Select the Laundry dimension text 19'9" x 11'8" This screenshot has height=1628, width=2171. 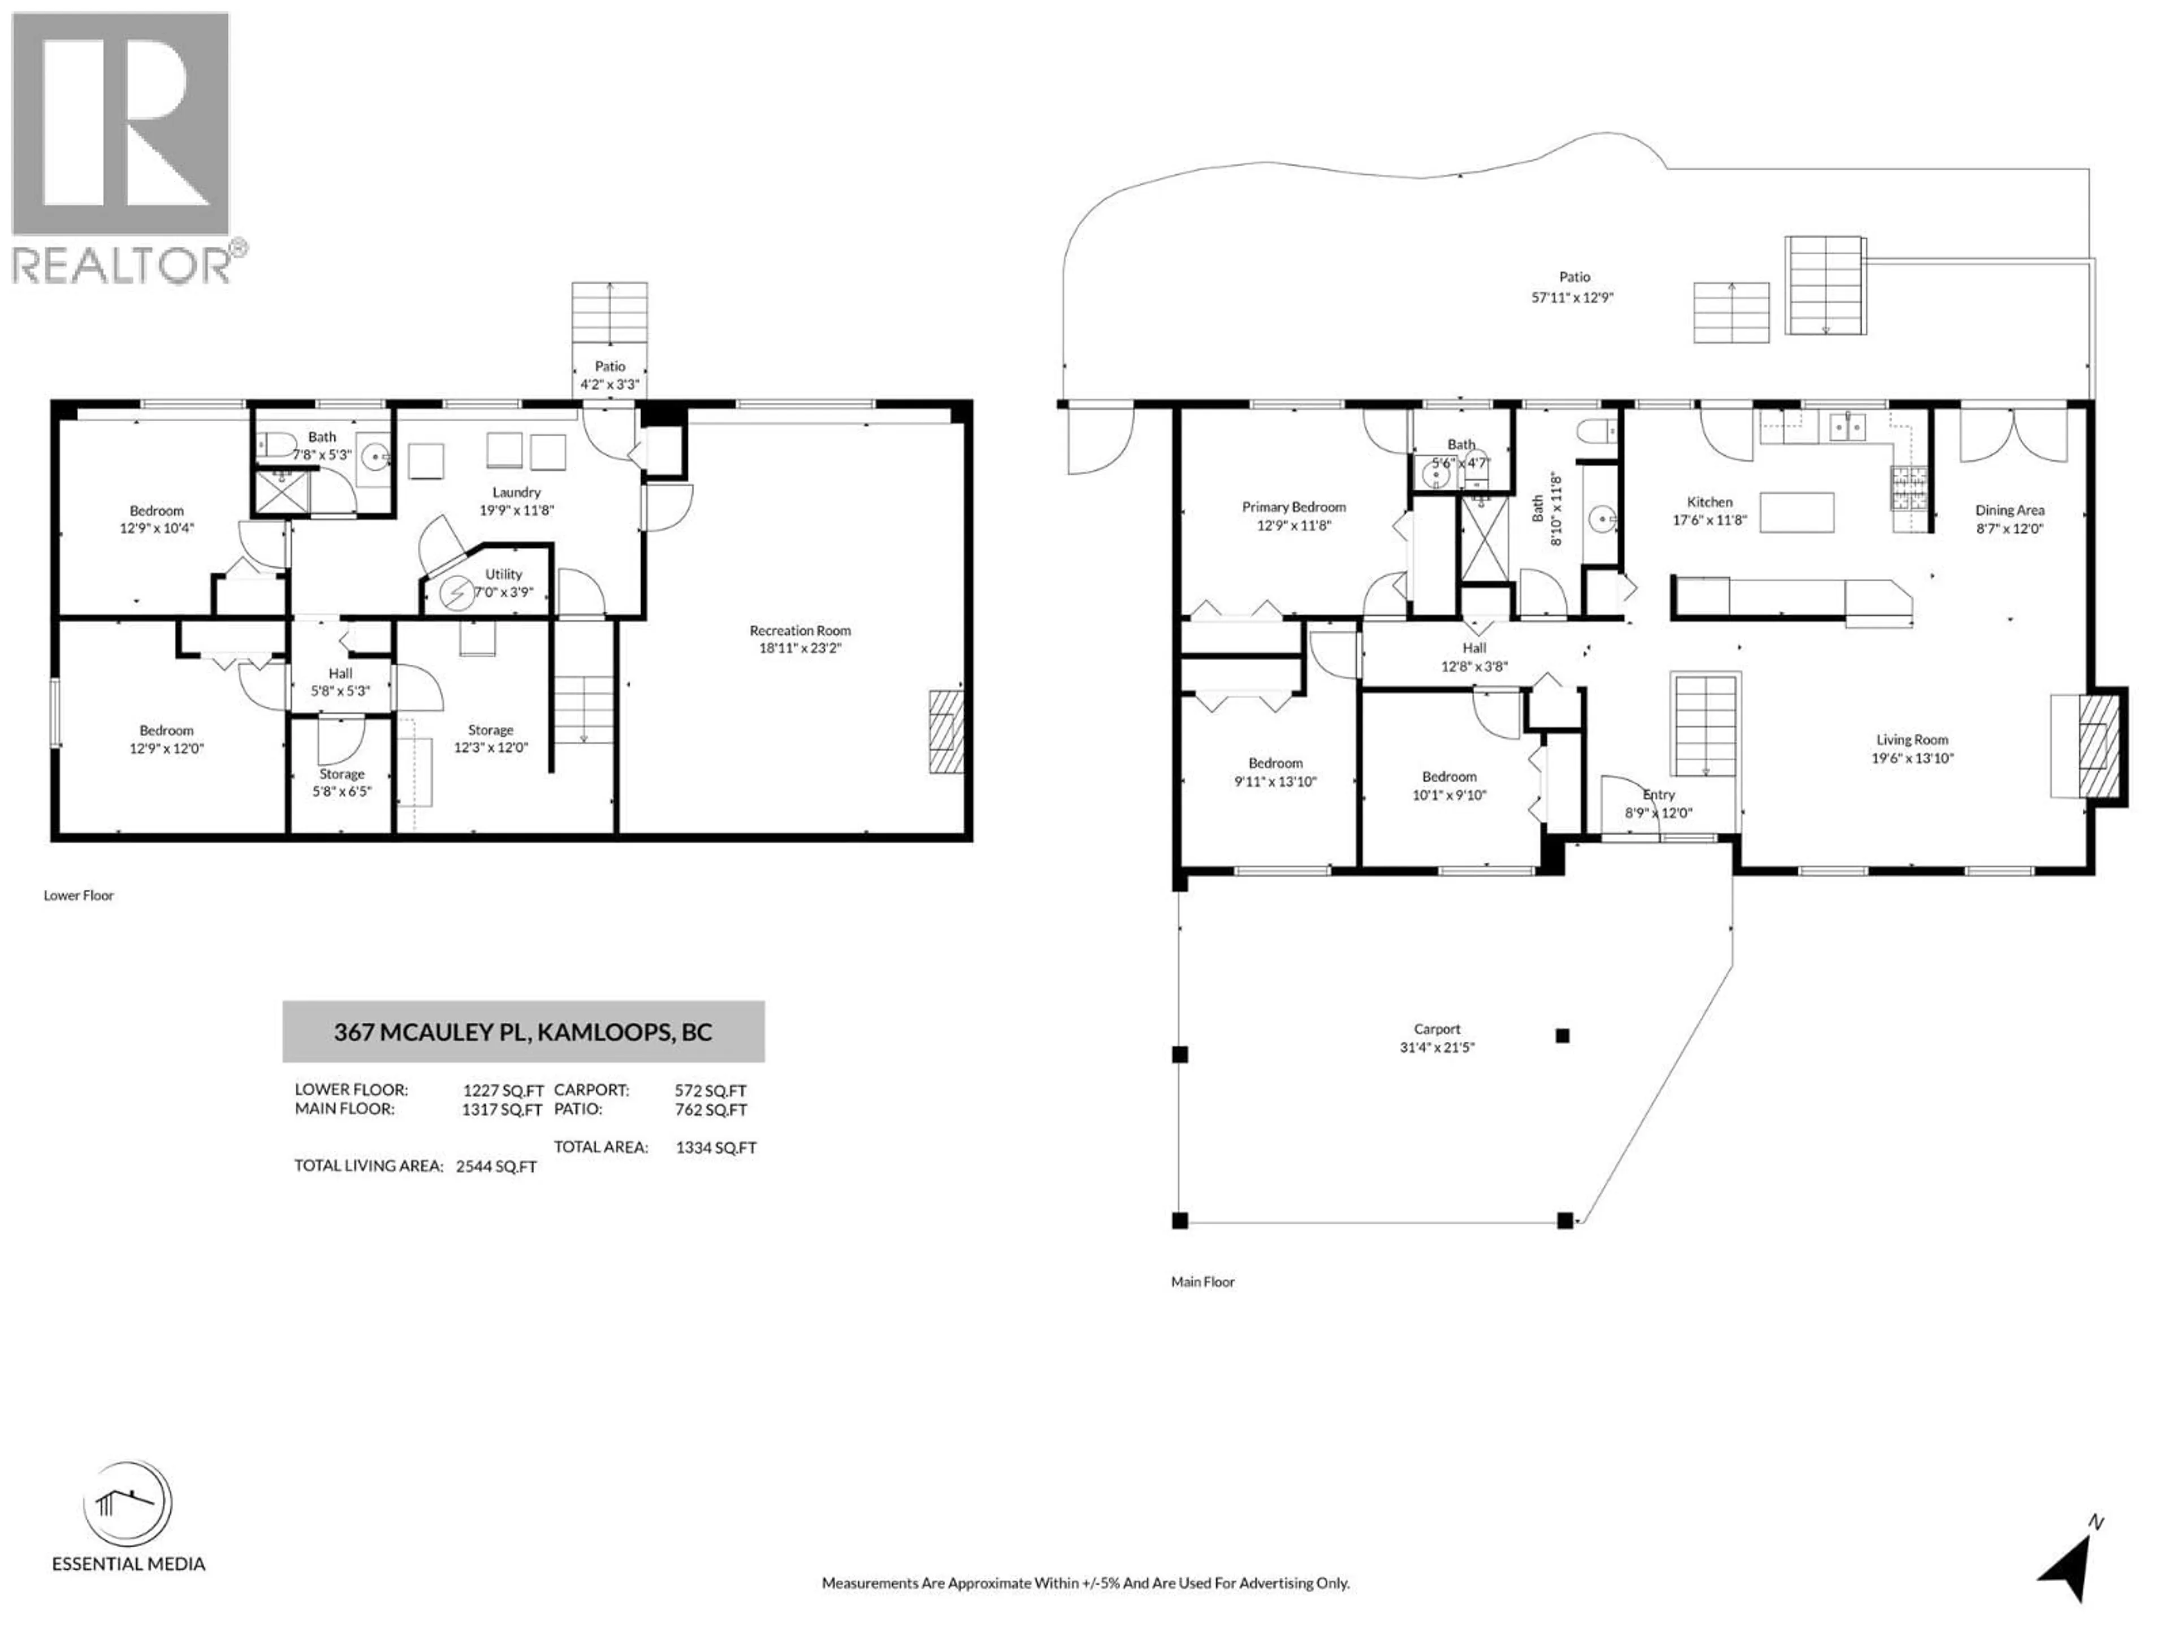point(516,510)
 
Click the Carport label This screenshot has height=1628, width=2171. point(1437,1028)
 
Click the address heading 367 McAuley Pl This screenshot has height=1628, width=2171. point(522,1032)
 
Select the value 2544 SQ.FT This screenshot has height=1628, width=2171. point(496,1167)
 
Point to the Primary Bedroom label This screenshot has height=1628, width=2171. point(1294,506)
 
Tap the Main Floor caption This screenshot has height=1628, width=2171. point(1203,1281)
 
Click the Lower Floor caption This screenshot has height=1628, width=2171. point(79,895)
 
